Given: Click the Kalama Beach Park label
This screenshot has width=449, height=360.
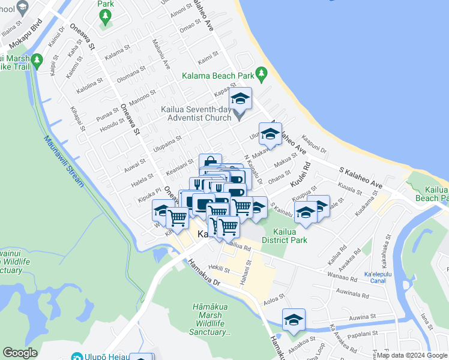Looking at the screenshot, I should click(217, 76).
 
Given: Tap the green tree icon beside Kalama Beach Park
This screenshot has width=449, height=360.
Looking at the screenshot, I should click(261, 74).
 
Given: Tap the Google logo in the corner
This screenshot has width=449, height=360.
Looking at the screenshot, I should click(19, 353).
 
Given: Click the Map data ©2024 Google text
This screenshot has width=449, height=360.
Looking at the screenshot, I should click(412, 355).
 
